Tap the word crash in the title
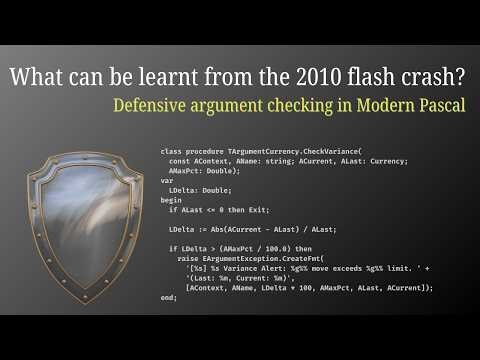point(424,77)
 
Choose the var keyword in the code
point(166,181)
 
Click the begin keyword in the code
point(170,199)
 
